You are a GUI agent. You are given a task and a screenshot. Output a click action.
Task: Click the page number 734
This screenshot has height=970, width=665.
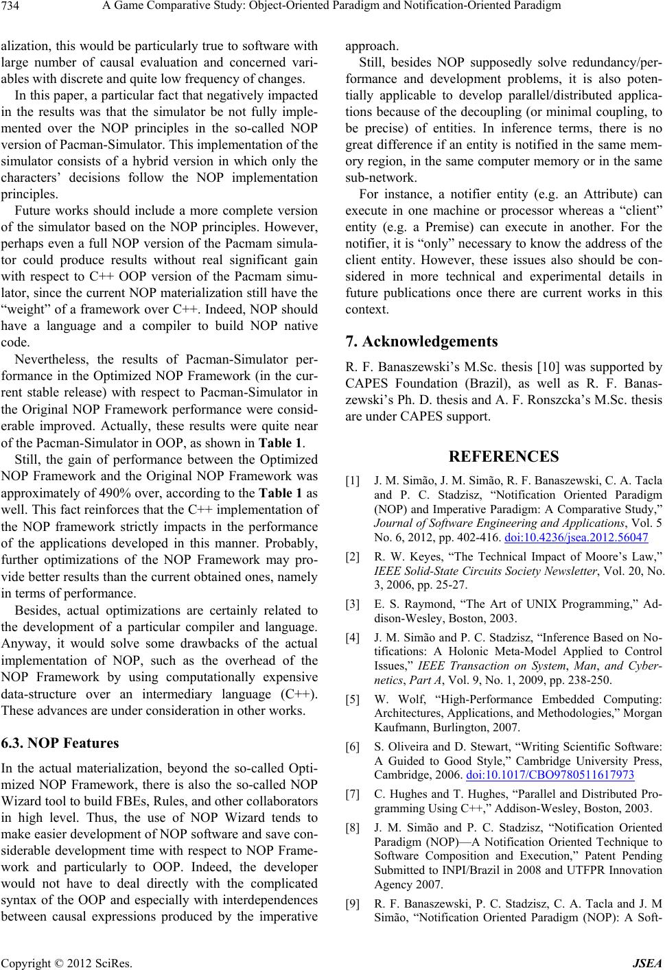[x=12, y=7]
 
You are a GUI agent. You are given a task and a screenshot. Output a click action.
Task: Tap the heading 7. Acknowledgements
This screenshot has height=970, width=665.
[x=422, y=341]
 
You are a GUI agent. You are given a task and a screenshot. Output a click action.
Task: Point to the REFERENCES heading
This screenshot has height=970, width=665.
[x=504, y=456]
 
